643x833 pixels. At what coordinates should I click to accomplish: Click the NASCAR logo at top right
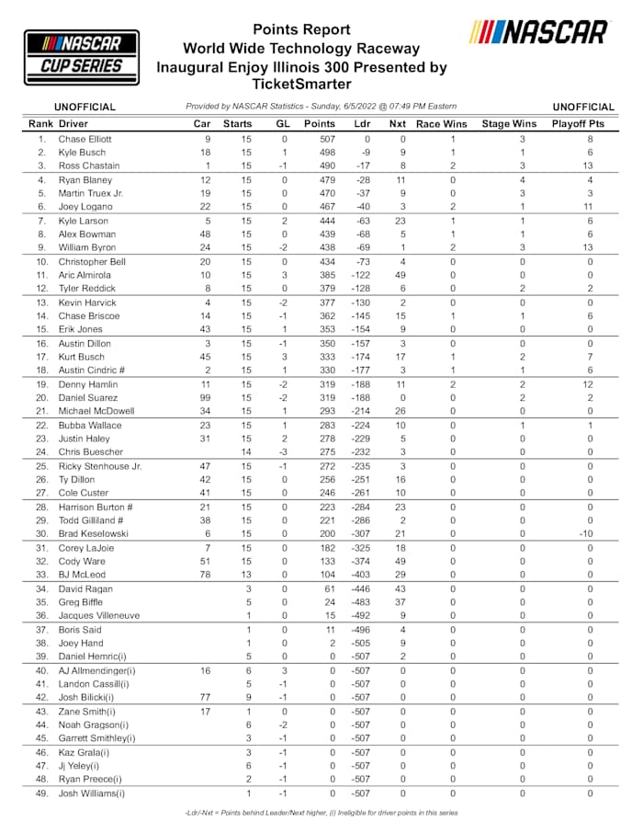coord(538,32)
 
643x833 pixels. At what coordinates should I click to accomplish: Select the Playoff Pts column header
coord(583,123)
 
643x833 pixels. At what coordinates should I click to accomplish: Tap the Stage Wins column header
coord(509,123)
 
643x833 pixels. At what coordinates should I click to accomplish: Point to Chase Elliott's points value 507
coord(325,139)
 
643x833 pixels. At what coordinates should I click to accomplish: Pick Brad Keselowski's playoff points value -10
coord(590,533)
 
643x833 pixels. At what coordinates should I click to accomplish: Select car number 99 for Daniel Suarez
coord(207,397)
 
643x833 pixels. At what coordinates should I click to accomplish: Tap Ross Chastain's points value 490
coord(325,165)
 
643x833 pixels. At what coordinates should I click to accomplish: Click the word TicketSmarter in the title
coord(301,84)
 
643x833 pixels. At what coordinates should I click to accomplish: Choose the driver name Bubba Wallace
coord(89,425)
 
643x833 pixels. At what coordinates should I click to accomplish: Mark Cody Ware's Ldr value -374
coord(360,561)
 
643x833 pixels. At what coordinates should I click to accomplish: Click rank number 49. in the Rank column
coord(41,793)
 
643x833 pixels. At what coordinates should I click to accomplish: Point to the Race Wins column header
coord(441,123)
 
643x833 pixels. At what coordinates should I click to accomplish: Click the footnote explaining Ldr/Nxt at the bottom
coord(321,813)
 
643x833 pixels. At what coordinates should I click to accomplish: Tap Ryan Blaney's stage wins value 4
coord(521,180)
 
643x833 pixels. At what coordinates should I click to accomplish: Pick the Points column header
coord(320,123)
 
